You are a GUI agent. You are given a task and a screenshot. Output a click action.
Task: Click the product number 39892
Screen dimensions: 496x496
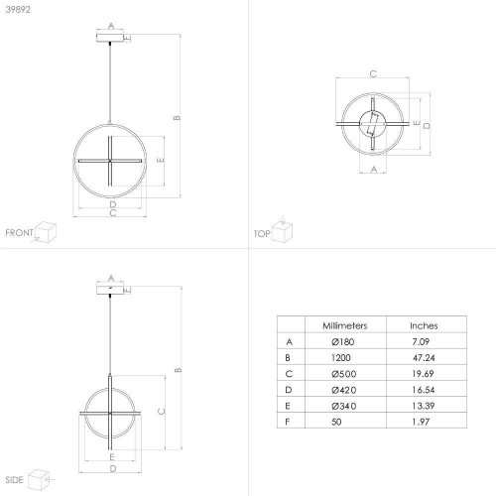tap(18, 10)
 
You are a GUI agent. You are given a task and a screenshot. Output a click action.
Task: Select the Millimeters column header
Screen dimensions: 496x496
tap(345, 325)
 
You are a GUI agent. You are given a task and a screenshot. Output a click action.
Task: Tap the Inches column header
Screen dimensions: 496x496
tap(424, 325)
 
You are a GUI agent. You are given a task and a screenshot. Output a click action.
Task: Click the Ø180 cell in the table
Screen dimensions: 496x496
tap(343, 341)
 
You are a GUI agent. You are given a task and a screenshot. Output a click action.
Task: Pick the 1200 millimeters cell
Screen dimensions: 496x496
tap(341, 358)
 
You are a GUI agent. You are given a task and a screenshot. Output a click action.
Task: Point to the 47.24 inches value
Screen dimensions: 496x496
tap(424, 358)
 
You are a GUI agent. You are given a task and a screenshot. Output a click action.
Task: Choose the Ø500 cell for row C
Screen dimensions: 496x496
tap(344, 374)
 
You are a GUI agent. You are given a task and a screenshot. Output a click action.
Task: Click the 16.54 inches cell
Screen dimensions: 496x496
tap(424, 390)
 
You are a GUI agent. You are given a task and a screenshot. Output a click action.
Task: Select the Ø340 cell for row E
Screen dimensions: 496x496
tap(344, 406)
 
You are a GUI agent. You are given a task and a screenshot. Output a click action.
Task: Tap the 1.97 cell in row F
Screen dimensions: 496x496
tap(421, 422)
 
